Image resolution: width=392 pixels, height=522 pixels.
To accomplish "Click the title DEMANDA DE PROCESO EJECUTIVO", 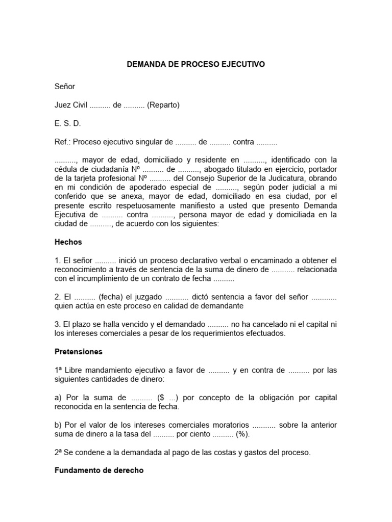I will coord(196,65).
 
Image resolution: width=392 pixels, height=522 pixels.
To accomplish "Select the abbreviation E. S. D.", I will coord(67,124).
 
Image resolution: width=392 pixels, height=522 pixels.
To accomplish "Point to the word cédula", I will coord(67,169).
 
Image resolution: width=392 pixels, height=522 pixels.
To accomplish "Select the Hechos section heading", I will coord(68,243).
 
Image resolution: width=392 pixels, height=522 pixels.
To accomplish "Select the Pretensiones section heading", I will coord(79,352).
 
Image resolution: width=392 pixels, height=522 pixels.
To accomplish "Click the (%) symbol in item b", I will coord(242,434).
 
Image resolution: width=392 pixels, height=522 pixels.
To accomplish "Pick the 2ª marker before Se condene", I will coord(59,452).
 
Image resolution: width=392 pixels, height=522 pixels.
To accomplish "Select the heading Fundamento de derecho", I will coord(99,471).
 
